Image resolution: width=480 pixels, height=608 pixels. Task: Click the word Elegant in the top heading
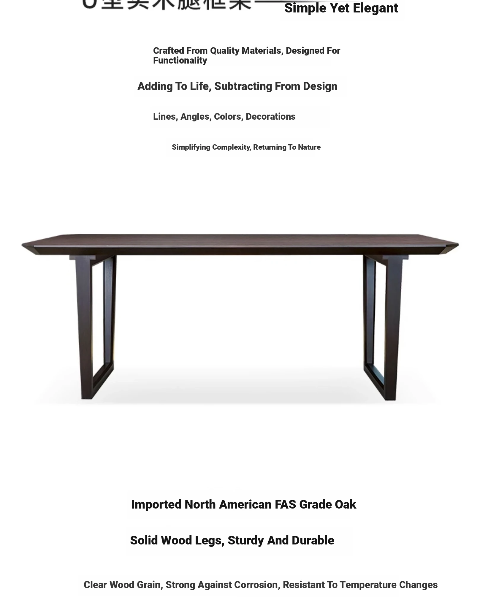375,8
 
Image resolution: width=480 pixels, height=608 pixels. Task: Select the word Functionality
180,61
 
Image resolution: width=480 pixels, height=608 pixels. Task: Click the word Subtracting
243,86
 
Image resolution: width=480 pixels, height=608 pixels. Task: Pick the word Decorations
270,117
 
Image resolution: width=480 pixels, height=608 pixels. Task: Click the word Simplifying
191,147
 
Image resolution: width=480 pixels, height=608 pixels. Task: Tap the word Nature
309,147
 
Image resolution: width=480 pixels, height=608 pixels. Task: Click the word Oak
345,505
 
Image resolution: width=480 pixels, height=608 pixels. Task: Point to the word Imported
156,505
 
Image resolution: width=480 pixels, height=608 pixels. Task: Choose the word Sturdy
245,541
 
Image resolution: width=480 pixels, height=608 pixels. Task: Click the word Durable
313,541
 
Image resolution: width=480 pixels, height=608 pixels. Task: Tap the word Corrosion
256,585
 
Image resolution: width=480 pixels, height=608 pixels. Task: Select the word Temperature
368,585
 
